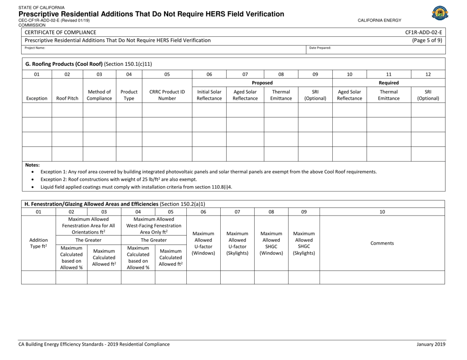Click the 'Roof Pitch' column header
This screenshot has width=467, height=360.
click(x=67, y=98)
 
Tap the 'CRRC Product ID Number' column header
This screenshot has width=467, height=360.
click(x=167, y=94)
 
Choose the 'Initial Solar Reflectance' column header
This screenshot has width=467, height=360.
click(x=209, y=94)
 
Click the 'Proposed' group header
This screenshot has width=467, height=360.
click(x=262, y=83)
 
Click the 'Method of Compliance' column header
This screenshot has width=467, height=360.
click(x=99, y=94)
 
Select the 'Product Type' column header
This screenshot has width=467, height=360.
click(x=129, y=94)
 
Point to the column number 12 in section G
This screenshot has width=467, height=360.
click(x=428, y=74)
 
